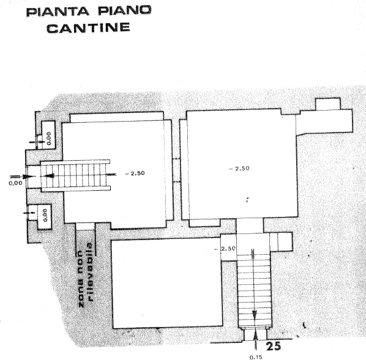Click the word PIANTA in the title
coord(58,11)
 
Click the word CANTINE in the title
coord(88,28)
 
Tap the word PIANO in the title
coord(125,10)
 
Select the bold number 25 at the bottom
coord(274,346)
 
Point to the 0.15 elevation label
coord(256,357)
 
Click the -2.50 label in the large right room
coord(239,168)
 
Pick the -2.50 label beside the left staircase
coord(135,173)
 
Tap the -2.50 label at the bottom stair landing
coord(225,249)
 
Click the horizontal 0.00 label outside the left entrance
coord(16,183)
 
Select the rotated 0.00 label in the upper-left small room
coord(48,138)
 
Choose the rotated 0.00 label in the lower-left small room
coord(45,215)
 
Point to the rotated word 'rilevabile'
coord(90,273)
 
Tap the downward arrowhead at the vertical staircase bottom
coord(255,314)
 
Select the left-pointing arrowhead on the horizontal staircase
coord(49,175)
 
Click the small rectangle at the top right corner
coord(328,103)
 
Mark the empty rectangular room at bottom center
coord(167,283)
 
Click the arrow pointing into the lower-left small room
coord(29,213)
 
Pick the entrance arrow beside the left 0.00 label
coord(23,176)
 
